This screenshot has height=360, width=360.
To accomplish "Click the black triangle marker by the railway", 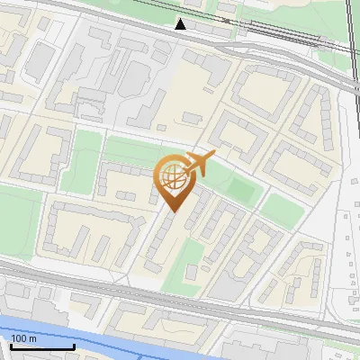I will (181, 24).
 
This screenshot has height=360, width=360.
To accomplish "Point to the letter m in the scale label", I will (32, 338).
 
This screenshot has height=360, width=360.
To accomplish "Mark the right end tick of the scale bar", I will (74, 346).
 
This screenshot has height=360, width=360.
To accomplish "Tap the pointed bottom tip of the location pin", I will (171, 211).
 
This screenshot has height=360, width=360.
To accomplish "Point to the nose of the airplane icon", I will (213, 157).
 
